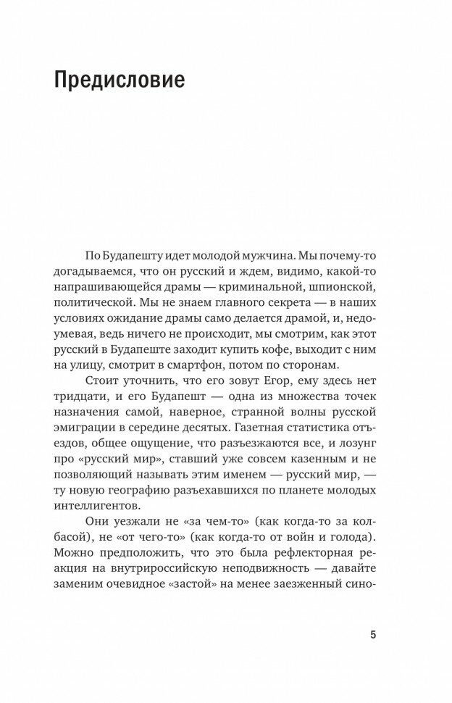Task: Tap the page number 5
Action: pyautogui.click(x=373, y=635)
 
